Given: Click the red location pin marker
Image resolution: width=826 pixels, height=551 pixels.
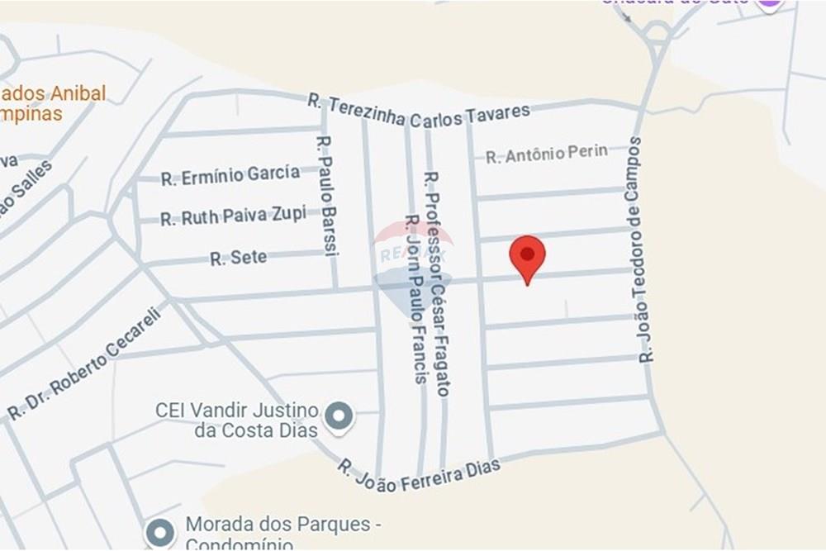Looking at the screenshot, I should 527,255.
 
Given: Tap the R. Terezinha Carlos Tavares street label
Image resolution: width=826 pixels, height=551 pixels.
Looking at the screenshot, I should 418,112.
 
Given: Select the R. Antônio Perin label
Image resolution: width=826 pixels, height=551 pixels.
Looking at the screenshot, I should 546,154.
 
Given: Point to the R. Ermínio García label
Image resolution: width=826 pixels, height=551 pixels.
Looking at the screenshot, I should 230,175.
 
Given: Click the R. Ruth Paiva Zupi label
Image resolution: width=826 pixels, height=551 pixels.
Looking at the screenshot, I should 233,216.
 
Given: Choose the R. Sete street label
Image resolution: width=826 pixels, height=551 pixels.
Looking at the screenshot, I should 239,258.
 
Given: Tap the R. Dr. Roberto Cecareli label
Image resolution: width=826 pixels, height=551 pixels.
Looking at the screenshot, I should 86,361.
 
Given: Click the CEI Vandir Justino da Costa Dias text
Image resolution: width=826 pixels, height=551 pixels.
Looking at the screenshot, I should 236,420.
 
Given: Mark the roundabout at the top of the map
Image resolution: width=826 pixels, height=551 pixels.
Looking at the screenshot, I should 658,32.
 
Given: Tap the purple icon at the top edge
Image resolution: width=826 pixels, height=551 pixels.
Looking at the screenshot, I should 769,3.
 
